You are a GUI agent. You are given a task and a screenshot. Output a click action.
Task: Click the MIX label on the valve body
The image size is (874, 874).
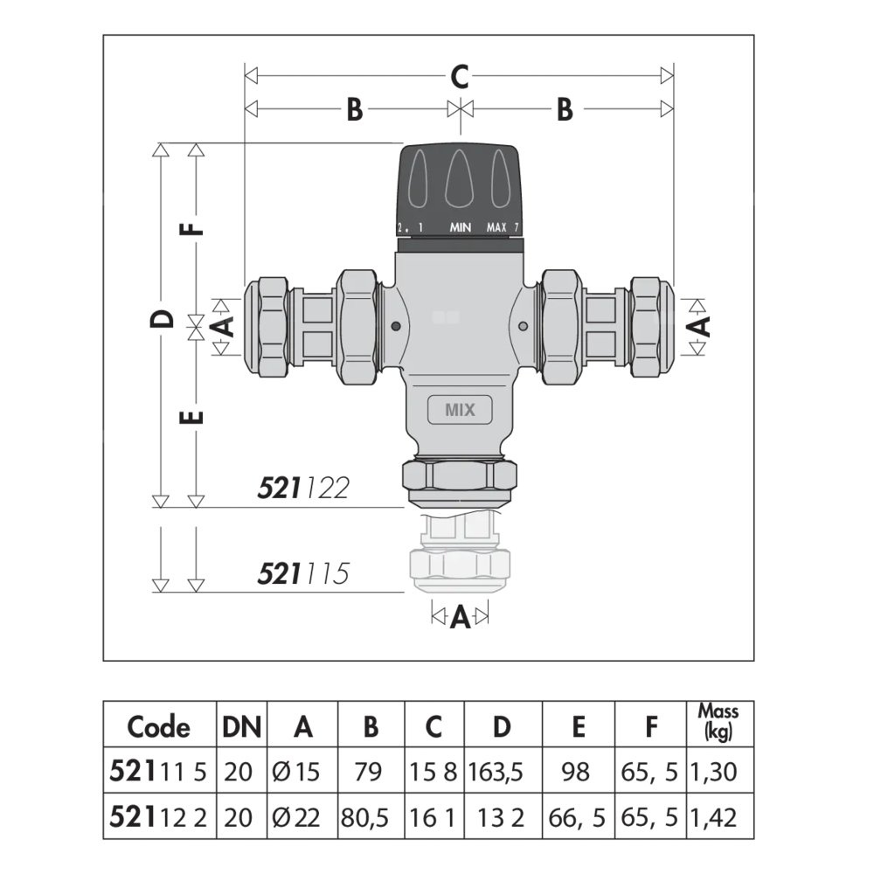coord(460,410)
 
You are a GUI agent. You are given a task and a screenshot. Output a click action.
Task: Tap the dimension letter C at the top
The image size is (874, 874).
coord(460,77)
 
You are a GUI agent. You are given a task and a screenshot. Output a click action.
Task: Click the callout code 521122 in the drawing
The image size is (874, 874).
coord(303,488)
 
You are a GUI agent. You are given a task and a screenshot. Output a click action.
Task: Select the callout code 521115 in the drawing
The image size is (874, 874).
coord(303,573)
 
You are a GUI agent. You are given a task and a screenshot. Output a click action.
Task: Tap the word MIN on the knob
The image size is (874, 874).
coord(461,228)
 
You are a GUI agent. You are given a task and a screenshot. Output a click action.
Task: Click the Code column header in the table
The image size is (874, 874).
coord(158,726)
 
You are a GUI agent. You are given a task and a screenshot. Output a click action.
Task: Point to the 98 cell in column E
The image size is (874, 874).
coord(577,773)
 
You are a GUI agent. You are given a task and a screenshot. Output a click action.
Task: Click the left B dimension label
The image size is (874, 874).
coord(353,110)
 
